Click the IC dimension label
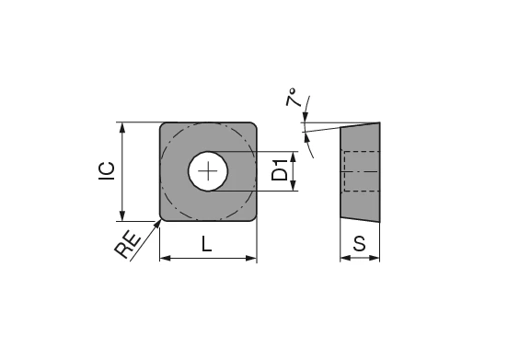point(107,171)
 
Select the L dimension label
point(207,245)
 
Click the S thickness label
point(360,244)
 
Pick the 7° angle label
point(294,100)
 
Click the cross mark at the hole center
point(211,171)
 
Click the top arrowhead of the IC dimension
point(121,127)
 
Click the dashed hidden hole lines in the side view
point(360,171)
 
